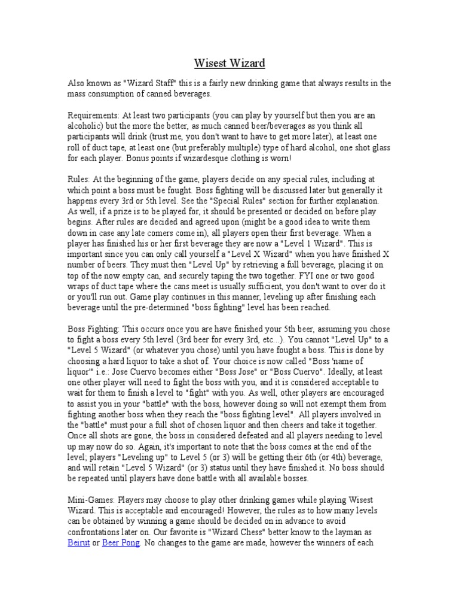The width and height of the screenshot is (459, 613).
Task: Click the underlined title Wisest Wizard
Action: point(229,62)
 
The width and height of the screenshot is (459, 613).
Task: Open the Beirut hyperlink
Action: point(79,543)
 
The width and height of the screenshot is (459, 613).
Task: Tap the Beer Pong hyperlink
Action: point(121,543)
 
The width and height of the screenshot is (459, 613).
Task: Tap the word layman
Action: point(348,532)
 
